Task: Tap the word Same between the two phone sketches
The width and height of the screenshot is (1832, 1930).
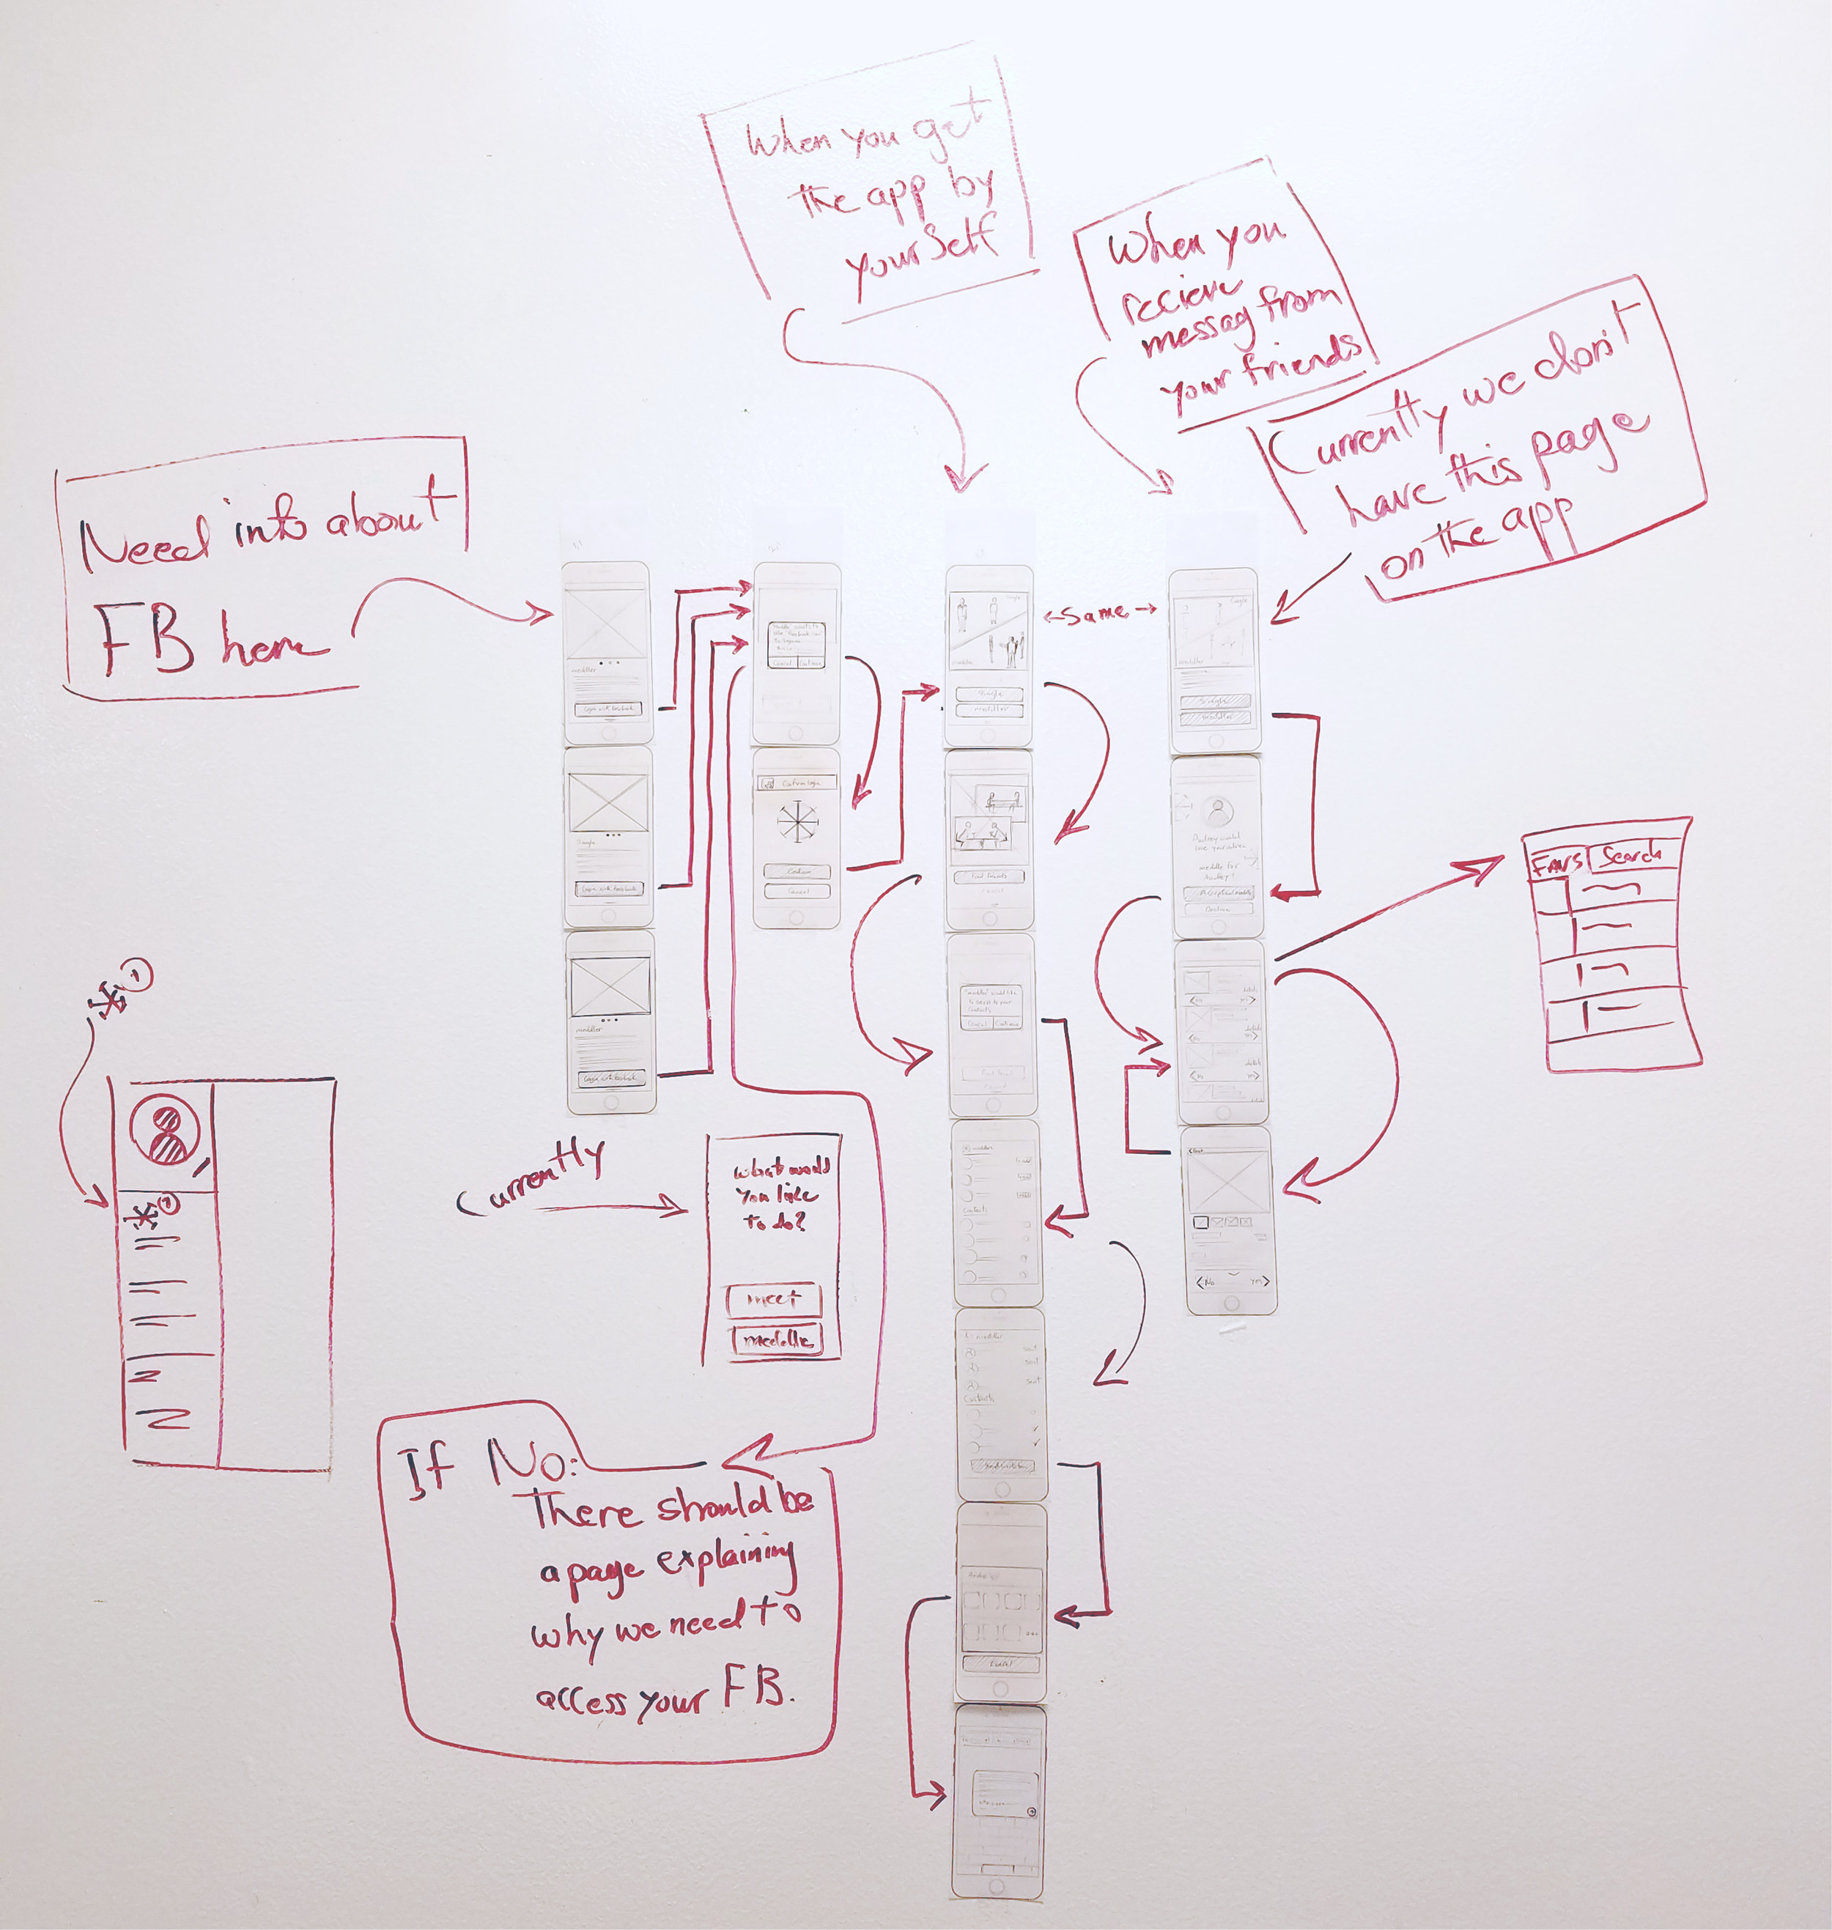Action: coord(1098,614)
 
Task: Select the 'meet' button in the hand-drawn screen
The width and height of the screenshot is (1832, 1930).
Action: coord(773,1299)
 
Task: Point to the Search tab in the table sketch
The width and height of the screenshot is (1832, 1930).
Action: coord(1630,855)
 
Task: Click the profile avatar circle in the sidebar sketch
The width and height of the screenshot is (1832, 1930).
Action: coord(165,1131)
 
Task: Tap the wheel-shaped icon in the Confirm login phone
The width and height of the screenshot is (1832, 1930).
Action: coord(796,821)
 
